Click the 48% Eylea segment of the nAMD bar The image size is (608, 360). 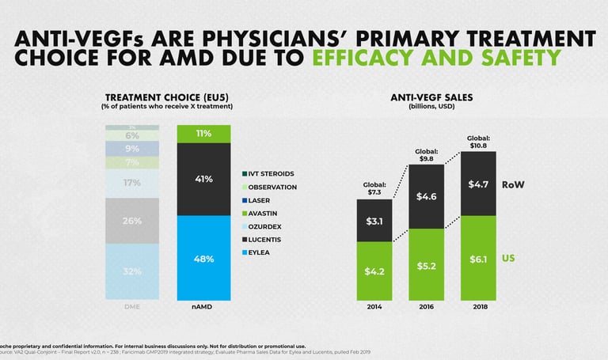pyautogui.click(x=203, y=258)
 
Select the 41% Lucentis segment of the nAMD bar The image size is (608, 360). pyautogui.click(x=203, y=179)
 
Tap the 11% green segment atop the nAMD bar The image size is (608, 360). pyautogui.click(x=203, y=134)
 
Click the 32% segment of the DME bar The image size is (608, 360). pyautogui.click(x=131, y=271)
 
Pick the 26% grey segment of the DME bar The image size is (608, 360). pyautogui.click(x=131, y=221)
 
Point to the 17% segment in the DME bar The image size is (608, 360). pyautogui.click(x=131, y=183)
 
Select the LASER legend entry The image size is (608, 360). pyautogui.click(x=259, y=200)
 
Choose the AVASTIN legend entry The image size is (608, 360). pyautogui.click(x=264, y=214)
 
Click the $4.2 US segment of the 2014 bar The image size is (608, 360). pyautogui.click(x=374, y=271)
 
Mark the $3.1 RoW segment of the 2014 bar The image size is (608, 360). pyautogui.click(x=374, y=221)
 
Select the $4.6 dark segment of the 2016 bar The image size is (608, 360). pyautogui.click(x=426, y=196)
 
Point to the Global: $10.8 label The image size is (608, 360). pyautogui.click(x=478, y=142)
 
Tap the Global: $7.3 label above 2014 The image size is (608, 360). pyautogui.click(x=374, y=190)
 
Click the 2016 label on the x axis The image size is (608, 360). pyautogui.click(x=426, y=306)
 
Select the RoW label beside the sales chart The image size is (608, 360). pyautogui.click(x=514, y=184)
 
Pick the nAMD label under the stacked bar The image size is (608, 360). pyautogui.click(x=203, y=306)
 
